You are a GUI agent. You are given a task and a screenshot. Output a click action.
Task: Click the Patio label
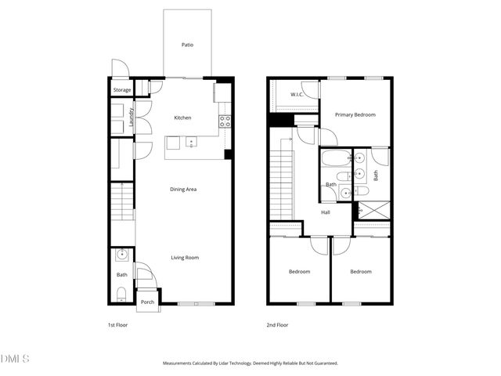(x=187, y=45)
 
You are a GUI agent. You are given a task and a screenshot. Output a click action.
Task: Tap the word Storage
(x=122, y=90)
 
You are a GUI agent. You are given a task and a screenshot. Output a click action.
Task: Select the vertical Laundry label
(x=132, y=117)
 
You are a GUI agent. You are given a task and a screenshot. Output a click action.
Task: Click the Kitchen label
(x=182, y=117)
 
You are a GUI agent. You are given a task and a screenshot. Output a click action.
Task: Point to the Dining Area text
(x=183, y=189)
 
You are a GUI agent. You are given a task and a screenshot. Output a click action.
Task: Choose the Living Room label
(x=186, y=257)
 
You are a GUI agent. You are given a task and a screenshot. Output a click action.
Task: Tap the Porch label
(x=146, y=302)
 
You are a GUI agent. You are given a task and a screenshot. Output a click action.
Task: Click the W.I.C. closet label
(x=297, y=96)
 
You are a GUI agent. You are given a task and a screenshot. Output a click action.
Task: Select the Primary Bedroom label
(x=355, y=115)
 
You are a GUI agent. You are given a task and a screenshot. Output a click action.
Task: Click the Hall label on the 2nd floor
(x=325, y=211)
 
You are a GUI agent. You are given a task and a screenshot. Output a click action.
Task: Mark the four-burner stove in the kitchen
(x=225, y=121)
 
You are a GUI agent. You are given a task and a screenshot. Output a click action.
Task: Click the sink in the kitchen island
(x=190, y=143)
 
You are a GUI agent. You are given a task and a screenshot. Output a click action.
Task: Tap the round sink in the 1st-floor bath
(x=121, y=255)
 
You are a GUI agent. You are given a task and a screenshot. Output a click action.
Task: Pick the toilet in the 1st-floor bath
(x=120, y=293)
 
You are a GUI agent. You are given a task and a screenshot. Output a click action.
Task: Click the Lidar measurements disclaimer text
(x=250, y=363)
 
